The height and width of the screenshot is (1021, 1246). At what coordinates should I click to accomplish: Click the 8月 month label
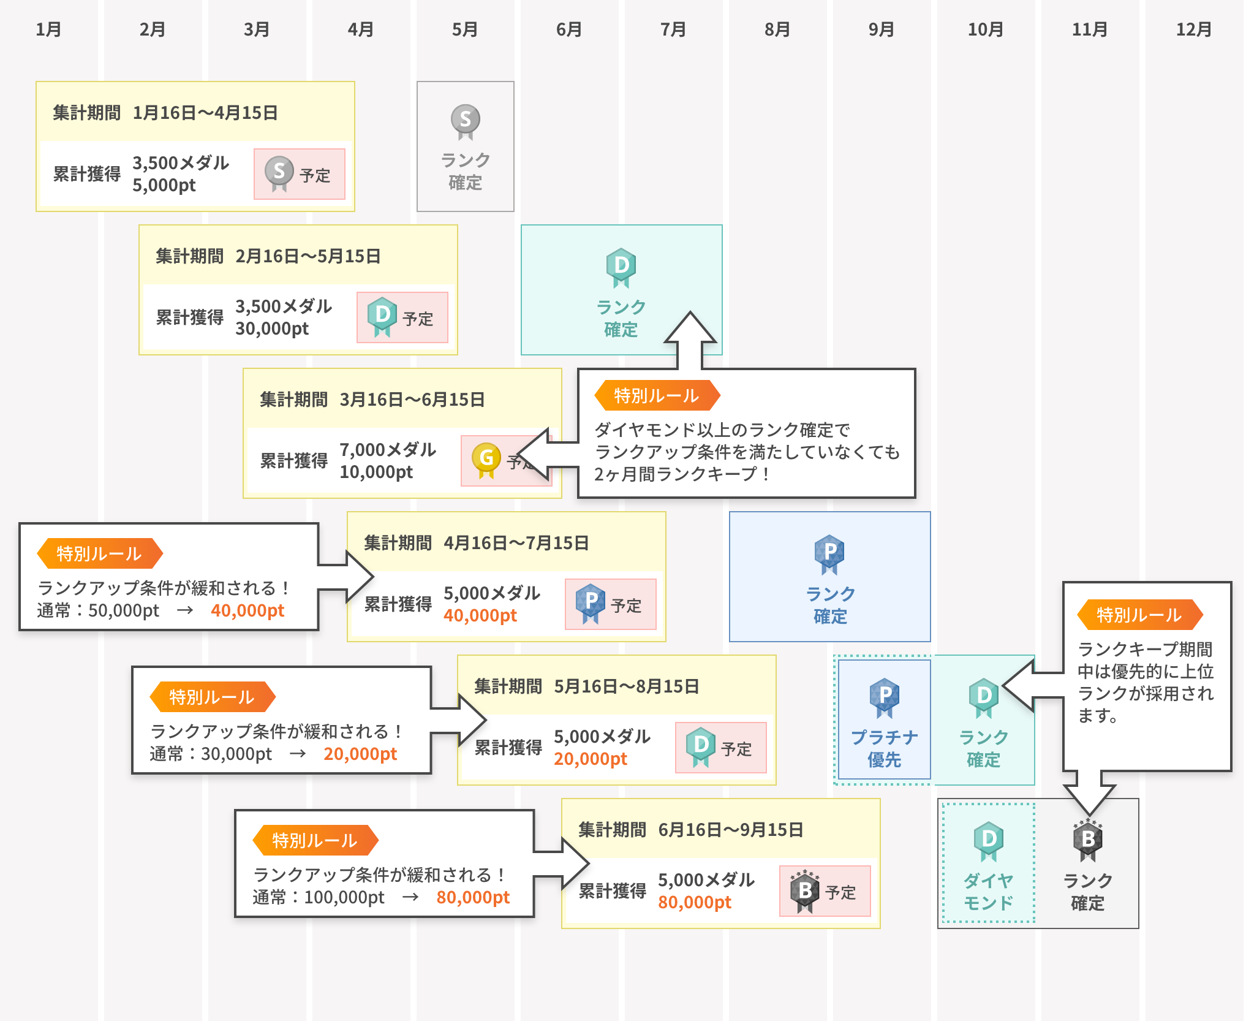click(777, 29)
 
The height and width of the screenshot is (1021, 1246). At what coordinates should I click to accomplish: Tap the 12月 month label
click(1193, 29)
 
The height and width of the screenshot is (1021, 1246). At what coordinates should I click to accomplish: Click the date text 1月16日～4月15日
click(205, 113)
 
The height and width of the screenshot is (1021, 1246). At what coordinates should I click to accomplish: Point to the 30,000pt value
click(272, 329)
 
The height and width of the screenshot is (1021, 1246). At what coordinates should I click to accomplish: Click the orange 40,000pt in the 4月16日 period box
click(480, 616)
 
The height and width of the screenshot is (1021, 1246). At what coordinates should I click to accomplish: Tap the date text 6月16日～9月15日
click(731, 830)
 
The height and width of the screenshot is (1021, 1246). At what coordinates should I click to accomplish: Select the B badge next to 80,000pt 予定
click(805, 890)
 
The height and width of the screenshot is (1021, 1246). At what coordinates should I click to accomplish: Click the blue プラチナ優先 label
click(884, 748)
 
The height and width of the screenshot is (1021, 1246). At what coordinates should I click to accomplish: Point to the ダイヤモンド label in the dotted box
click(988, 892)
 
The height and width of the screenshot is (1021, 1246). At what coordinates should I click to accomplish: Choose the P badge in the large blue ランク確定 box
click(829, 553)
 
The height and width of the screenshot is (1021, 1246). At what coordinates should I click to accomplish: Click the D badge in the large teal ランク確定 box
click(621, 267)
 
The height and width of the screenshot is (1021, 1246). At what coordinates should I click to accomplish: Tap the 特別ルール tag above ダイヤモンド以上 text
click(657, 396)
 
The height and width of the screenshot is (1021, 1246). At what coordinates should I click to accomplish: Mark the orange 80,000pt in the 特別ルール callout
click(473, 898)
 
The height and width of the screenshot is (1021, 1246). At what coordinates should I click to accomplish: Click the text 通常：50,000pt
click(98, 611)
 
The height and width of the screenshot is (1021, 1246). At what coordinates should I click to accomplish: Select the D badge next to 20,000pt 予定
click(701, 746)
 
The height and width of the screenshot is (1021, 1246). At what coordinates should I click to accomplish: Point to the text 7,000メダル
click(388, 450)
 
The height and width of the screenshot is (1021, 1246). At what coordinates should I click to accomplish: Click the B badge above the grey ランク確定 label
click(1087, 840)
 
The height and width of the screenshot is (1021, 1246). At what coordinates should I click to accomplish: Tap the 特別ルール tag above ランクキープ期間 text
click(1139, 615)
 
